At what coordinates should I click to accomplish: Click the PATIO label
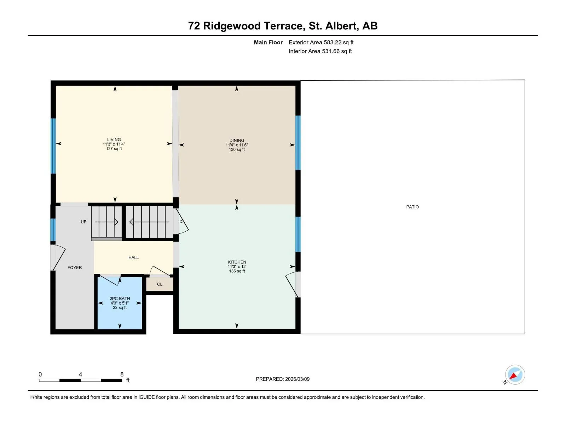pos(412,207)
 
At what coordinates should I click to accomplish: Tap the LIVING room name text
pos(114,140)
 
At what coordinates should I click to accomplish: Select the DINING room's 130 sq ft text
pos(237,149)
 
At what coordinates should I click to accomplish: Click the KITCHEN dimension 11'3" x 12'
pos(237,267)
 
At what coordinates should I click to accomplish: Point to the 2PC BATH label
pos(120,299)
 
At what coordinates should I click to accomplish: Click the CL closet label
pos(160,284)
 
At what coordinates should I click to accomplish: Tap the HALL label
pos(134,257)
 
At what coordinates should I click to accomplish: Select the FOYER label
pos(75,268)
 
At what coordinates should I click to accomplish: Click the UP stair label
pos(83,222)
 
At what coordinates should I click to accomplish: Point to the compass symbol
pos(515,375)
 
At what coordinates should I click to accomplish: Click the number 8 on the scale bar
pos(122,374)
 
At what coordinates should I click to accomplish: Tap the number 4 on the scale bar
pos(80,374)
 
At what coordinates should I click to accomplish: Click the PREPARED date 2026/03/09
pos(297,379)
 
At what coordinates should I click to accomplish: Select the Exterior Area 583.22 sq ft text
pos(321,42)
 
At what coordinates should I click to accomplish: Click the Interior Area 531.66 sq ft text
pos(320,51)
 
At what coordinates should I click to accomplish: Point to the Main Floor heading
pos(268,42)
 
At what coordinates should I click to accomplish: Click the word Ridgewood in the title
pos(232,26)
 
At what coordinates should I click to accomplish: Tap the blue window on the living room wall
pos(53,146)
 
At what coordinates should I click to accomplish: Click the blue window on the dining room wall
pos(298,143)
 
